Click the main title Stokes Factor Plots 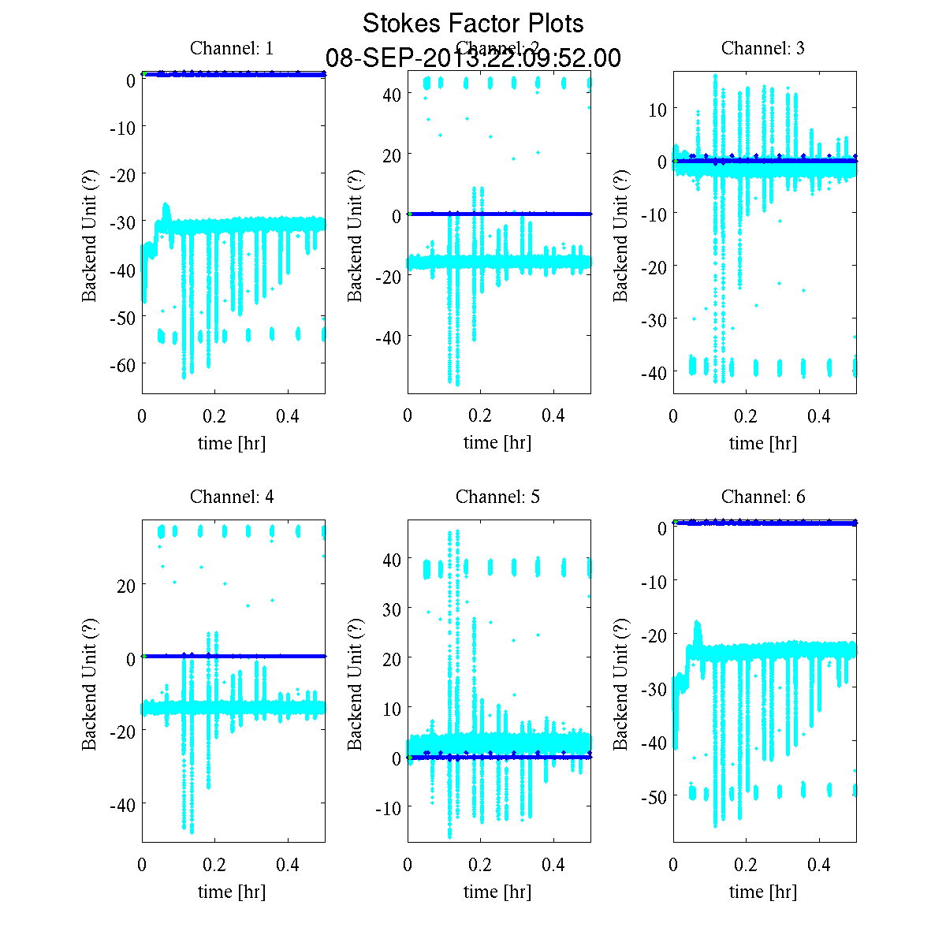[473, 24]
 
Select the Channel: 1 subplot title [232, 48]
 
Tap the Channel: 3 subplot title [763, 48]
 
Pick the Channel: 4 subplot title [232, 497]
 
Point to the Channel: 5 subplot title [497, 497]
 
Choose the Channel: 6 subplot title [763, 497]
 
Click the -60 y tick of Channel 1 [122, 364]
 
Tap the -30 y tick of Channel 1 [122, 222]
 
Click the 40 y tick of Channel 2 [392, 95]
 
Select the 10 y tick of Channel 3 [657, 109]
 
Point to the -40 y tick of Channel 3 [654, 372]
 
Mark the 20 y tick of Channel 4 [125, 585]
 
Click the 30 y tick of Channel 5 [392, 609]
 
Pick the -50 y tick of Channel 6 [654, 796]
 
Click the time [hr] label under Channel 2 [497, 443]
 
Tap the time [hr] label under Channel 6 [763, 892]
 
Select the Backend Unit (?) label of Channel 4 [89, 682]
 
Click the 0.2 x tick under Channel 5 [480, 864]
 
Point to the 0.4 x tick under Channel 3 [820, 415]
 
